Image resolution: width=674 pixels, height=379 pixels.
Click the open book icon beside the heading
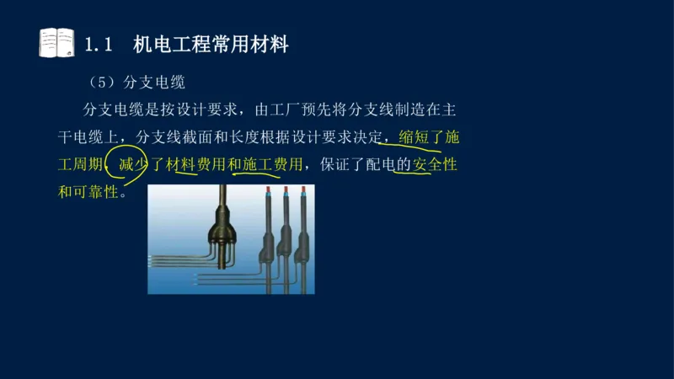(x=56, y=43)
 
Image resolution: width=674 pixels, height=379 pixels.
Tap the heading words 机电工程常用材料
(x=211, y=45)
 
